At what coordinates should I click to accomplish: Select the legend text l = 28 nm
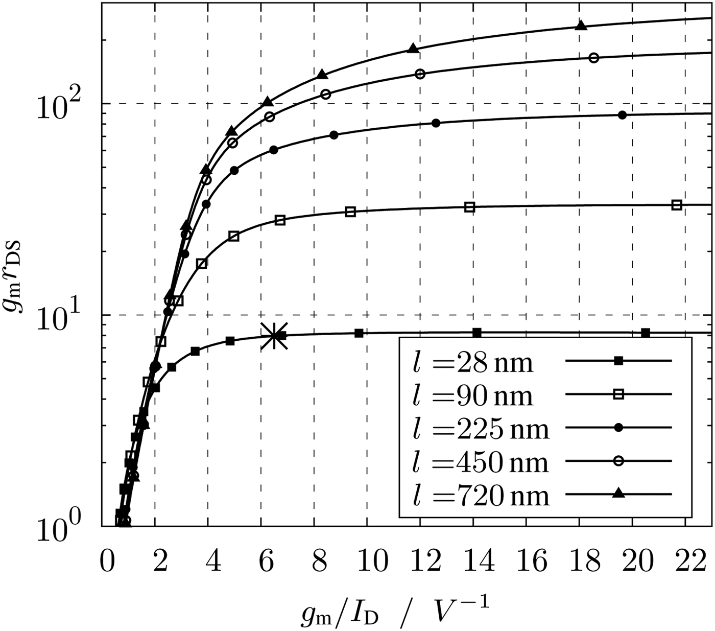[472, 363]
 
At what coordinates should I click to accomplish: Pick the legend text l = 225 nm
[480, 429]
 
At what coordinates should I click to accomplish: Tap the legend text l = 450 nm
[480, 462]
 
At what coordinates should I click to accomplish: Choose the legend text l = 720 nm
[480, 496]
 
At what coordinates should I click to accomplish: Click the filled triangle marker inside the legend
[618, 493]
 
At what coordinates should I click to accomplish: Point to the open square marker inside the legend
[618, 394]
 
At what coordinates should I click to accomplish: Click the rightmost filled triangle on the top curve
[580, 26]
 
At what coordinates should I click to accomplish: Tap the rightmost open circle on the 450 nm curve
[593, 58]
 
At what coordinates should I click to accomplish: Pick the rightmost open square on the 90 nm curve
[677, 205]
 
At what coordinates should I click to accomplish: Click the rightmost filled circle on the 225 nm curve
[622, 115]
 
